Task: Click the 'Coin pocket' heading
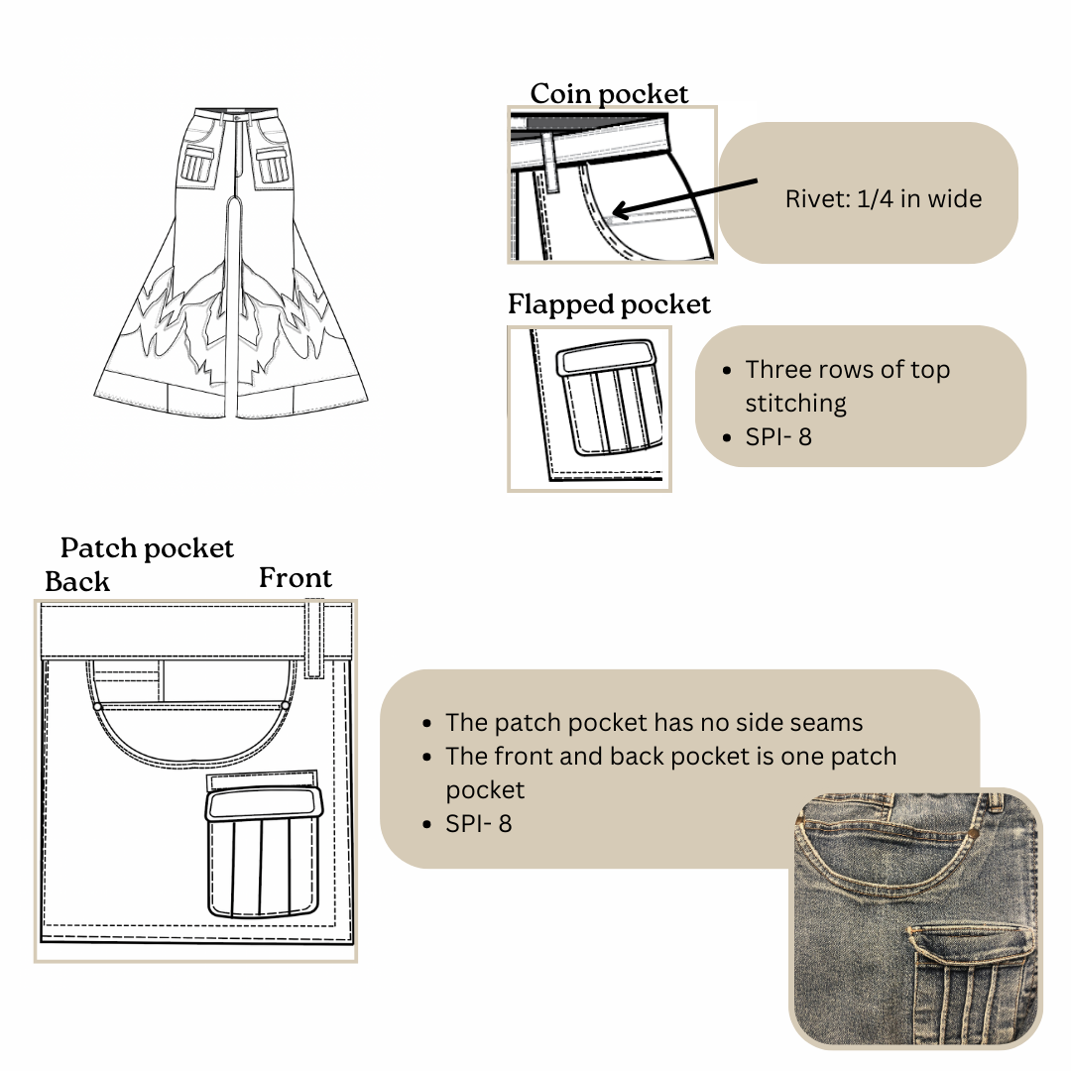coord(609,93)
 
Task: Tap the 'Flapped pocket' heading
coord(609,304)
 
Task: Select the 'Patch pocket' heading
coord(147,547)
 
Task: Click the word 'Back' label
coord(77,581)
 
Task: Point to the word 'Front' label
coord(296,578)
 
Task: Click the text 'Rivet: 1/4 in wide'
coord(884,198)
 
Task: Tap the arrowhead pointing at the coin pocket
coord(619,209)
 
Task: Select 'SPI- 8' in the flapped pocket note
coord(778,437)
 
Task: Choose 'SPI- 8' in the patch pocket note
coord(478,824)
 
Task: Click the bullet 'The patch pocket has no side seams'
coord(654,723)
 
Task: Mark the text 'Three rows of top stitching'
coord(847,386)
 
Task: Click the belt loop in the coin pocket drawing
coord(550,162)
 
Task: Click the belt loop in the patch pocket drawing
coord(314,639)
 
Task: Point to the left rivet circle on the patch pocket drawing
coord(97,706)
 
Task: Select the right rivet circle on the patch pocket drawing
coord(285,705)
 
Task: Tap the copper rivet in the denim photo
coord(973,834)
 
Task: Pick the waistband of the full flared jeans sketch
coord(236,112)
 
